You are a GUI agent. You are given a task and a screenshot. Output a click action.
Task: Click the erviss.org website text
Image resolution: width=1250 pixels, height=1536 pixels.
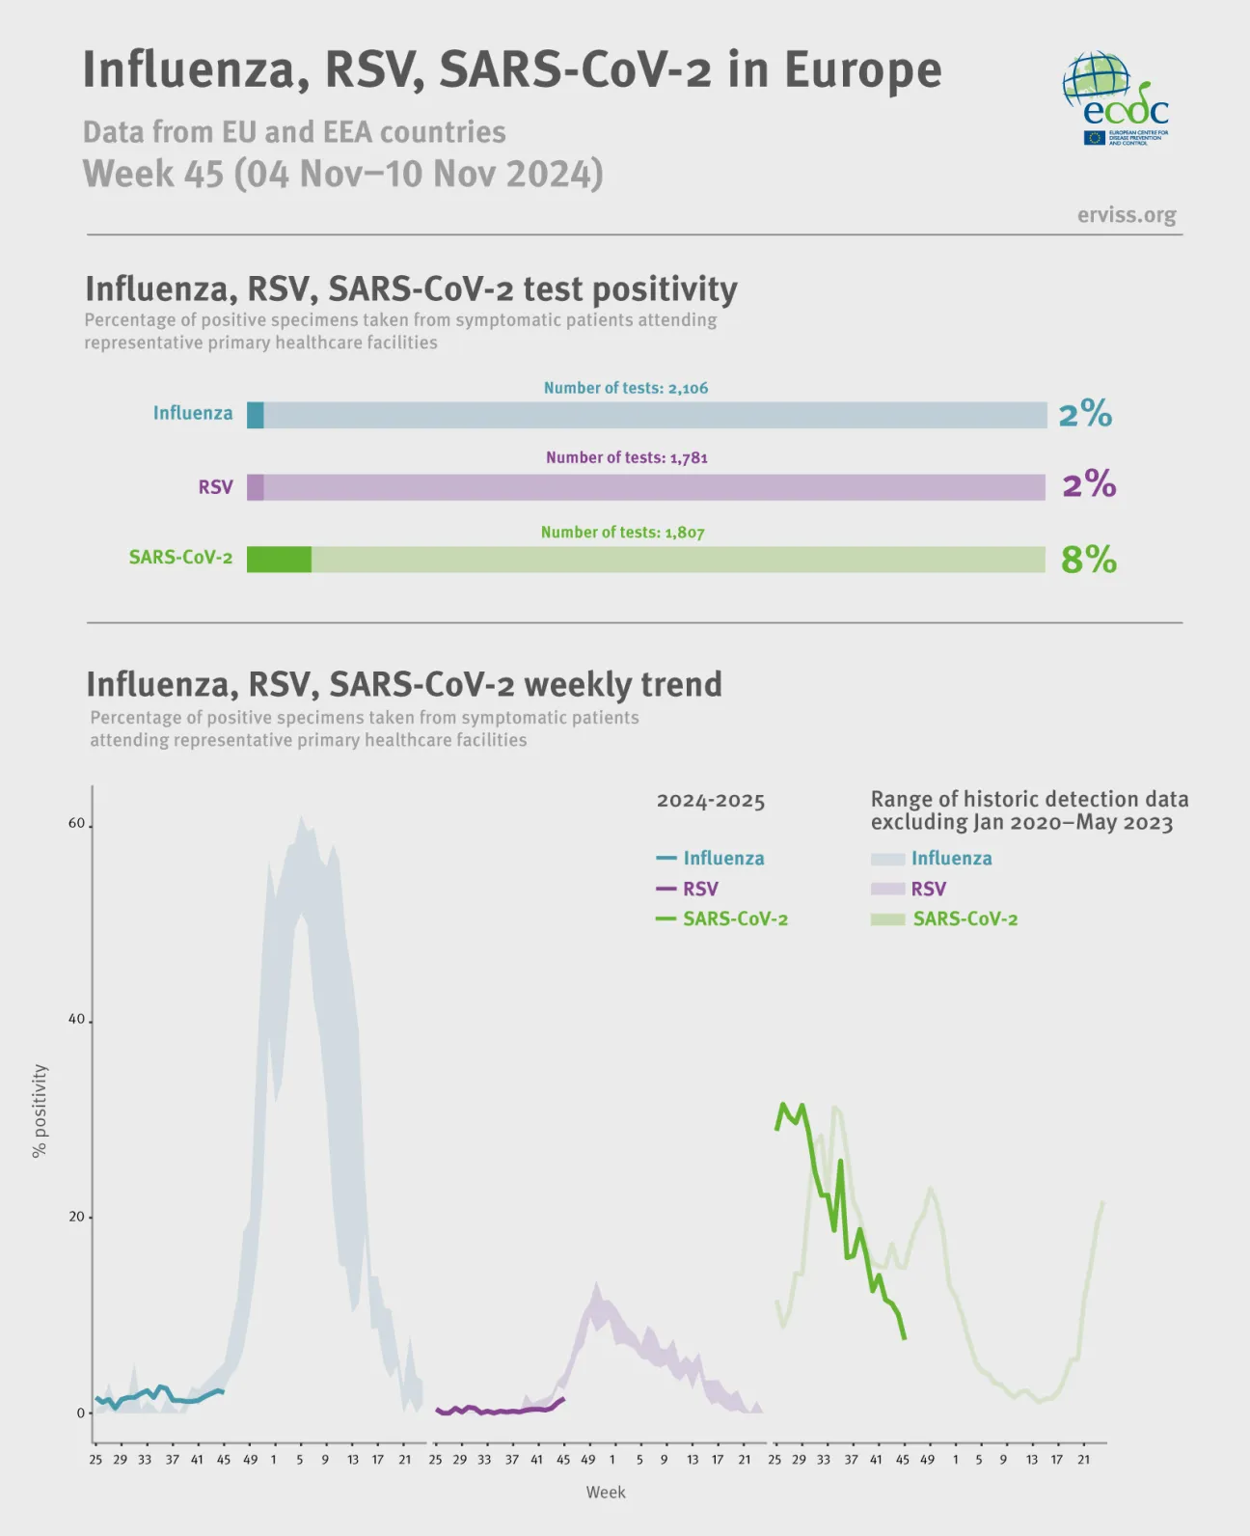[1126, 214]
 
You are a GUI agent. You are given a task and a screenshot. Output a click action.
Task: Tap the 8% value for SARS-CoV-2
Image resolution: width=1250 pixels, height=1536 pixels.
[1088, 560]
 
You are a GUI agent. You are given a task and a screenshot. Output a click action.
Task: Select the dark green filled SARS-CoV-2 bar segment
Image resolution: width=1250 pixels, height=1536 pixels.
[279, 560]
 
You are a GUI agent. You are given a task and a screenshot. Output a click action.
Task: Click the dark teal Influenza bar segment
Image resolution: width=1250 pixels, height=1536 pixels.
[255, 415]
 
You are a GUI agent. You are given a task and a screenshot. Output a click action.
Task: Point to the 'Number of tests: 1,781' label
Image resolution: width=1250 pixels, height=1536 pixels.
[626, 457]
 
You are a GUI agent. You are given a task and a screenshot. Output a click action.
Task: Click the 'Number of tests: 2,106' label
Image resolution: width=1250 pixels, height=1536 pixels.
[625, 388]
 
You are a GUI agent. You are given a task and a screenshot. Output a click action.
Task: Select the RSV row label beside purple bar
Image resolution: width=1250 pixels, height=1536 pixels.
[215, 487]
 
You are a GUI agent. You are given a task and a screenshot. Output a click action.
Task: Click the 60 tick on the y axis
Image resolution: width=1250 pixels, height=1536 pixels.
[76, 823]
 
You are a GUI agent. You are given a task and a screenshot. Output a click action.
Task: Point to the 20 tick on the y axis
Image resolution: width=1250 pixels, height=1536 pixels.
[76, 1217]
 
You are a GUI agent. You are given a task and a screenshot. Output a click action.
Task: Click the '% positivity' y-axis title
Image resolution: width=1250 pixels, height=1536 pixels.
[40, 1111]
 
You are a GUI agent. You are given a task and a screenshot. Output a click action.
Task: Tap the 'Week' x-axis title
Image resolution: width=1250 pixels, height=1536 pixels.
[605, 1492]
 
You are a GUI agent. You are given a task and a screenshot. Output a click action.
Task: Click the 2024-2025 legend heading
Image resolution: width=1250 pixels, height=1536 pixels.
[710, 801]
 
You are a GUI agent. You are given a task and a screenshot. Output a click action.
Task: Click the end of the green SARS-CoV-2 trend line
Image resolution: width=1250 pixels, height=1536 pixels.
[904, 1336]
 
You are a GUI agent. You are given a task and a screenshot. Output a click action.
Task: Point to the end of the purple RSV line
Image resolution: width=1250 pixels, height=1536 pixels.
[563, 1398]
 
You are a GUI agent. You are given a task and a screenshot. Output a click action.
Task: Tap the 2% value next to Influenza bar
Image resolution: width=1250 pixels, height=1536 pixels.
[1085, 415]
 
